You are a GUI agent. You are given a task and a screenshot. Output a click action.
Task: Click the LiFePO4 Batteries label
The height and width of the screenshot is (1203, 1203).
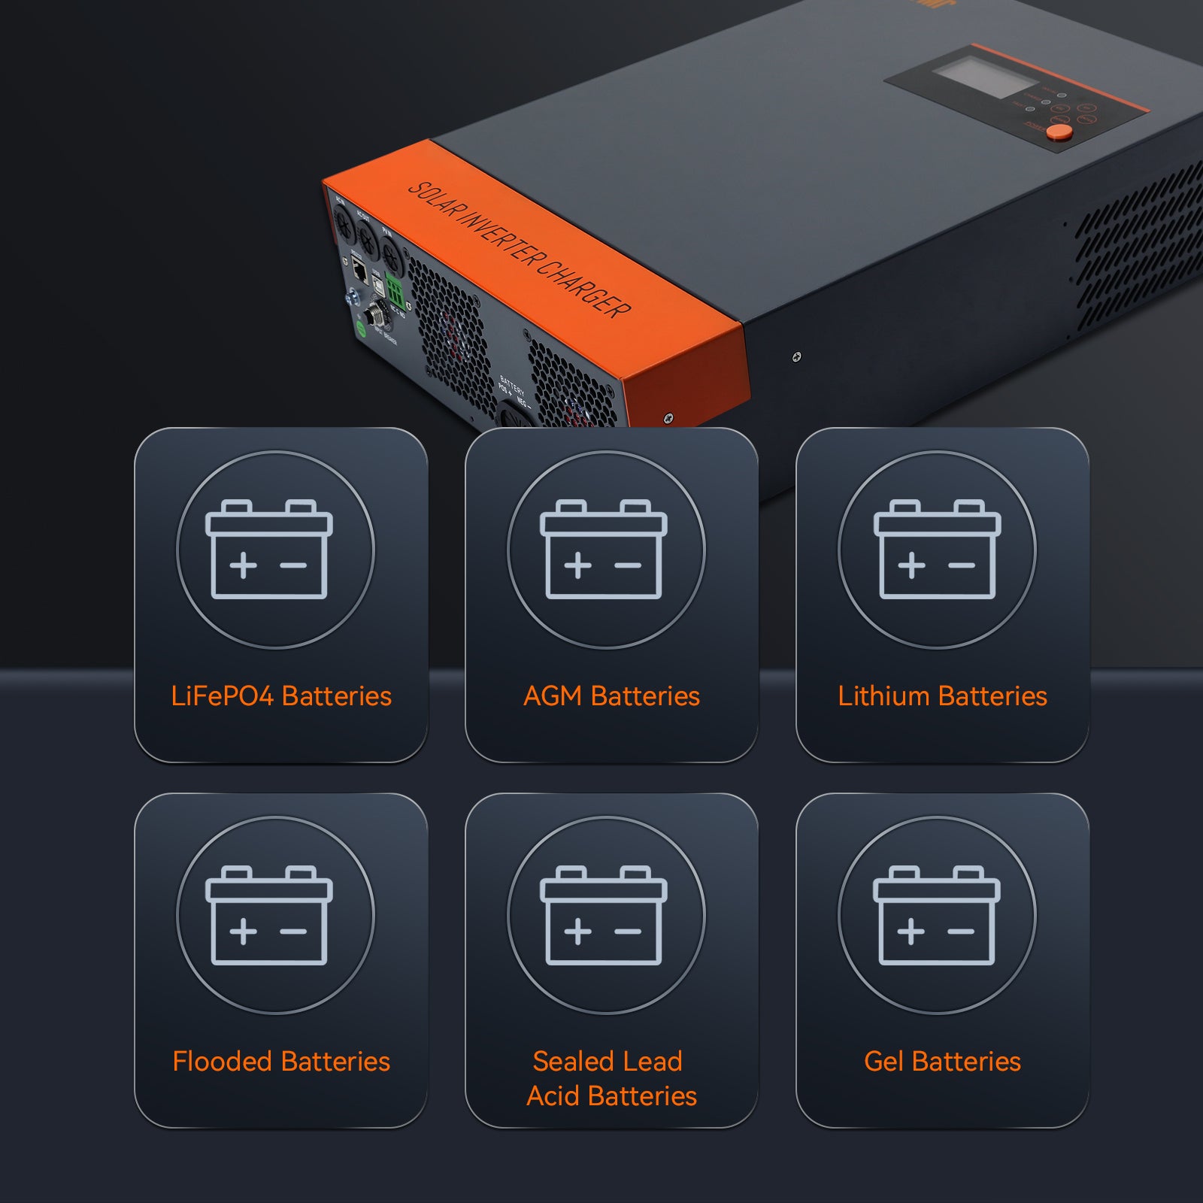[281, 696]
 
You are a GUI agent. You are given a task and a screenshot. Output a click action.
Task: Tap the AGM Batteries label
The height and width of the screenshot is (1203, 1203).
[611, 696]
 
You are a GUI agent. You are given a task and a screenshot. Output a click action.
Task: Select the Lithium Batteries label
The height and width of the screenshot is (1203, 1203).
[942, 696]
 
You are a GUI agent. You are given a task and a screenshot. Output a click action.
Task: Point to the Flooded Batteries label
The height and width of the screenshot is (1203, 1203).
[281, 1062]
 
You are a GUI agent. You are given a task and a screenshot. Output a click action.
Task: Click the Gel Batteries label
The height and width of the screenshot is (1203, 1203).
[942, 1062]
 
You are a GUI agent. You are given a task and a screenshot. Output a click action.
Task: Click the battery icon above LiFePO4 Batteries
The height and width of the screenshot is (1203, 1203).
[269, 550]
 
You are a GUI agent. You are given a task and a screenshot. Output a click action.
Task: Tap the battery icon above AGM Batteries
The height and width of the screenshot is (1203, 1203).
[604, 550]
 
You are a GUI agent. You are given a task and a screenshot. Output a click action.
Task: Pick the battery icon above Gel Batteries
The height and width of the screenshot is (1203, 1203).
[937, 915]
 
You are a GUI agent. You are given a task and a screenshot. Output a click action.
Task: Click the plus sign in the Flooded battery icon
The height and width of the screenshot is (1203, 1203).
[243, 932]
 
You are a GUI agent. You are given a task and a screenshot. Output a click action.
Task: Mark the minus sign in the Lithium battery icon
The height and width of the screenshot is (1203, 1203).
[962, 565]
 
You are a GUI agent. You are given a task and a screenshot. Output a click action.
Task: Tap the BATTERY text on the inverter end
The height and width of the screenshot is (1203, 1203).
[512, 383]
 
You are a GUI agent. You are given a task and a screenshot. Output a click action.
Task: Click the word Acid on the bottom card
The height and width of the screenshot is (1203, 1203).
[553, 1096]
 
